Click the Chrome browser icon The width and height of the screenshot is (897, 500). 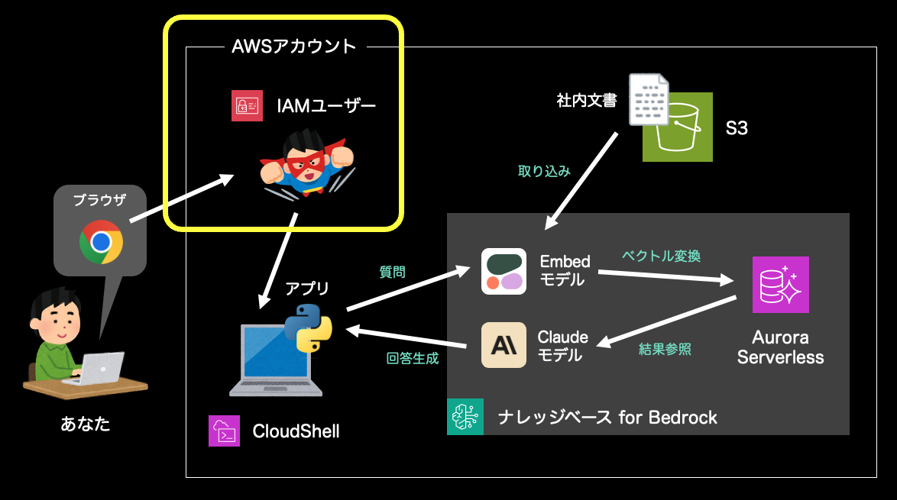pyautogui.click(x=101, y=242)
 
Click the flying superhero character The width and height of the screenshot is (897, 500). pyautogui.click(x=306, y=163)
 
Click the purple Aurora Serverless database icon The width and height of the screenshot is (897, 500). pyautogui.click(x=780, y=284)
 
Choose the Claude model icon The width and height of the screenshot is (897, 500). pyautogui.click(x=504, y=345)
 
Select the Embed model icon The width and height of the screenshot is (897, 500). pyautogui.click(x=504, y=271)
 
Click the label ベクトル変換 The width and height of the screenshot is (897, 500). pyautogui.click(x=662, y=256)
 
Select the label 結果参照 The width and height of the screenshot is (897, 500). pyautogui.click(x=665, y=349)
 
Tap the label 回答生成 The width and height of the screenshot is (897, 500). pyautogui.click(x=413, y=358)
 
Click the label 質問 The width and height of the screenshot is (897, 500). pyautogui.click(x=392, y=271)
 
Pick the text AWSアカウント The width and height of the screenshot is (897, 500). pyautogui.click(x=294, y=47)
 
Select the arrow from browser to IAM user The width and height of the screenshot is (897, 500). pyautogui.click(x=181, y=200)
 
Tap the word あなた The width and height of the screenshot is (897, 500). pyautogui.click(x=86, y=424)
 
